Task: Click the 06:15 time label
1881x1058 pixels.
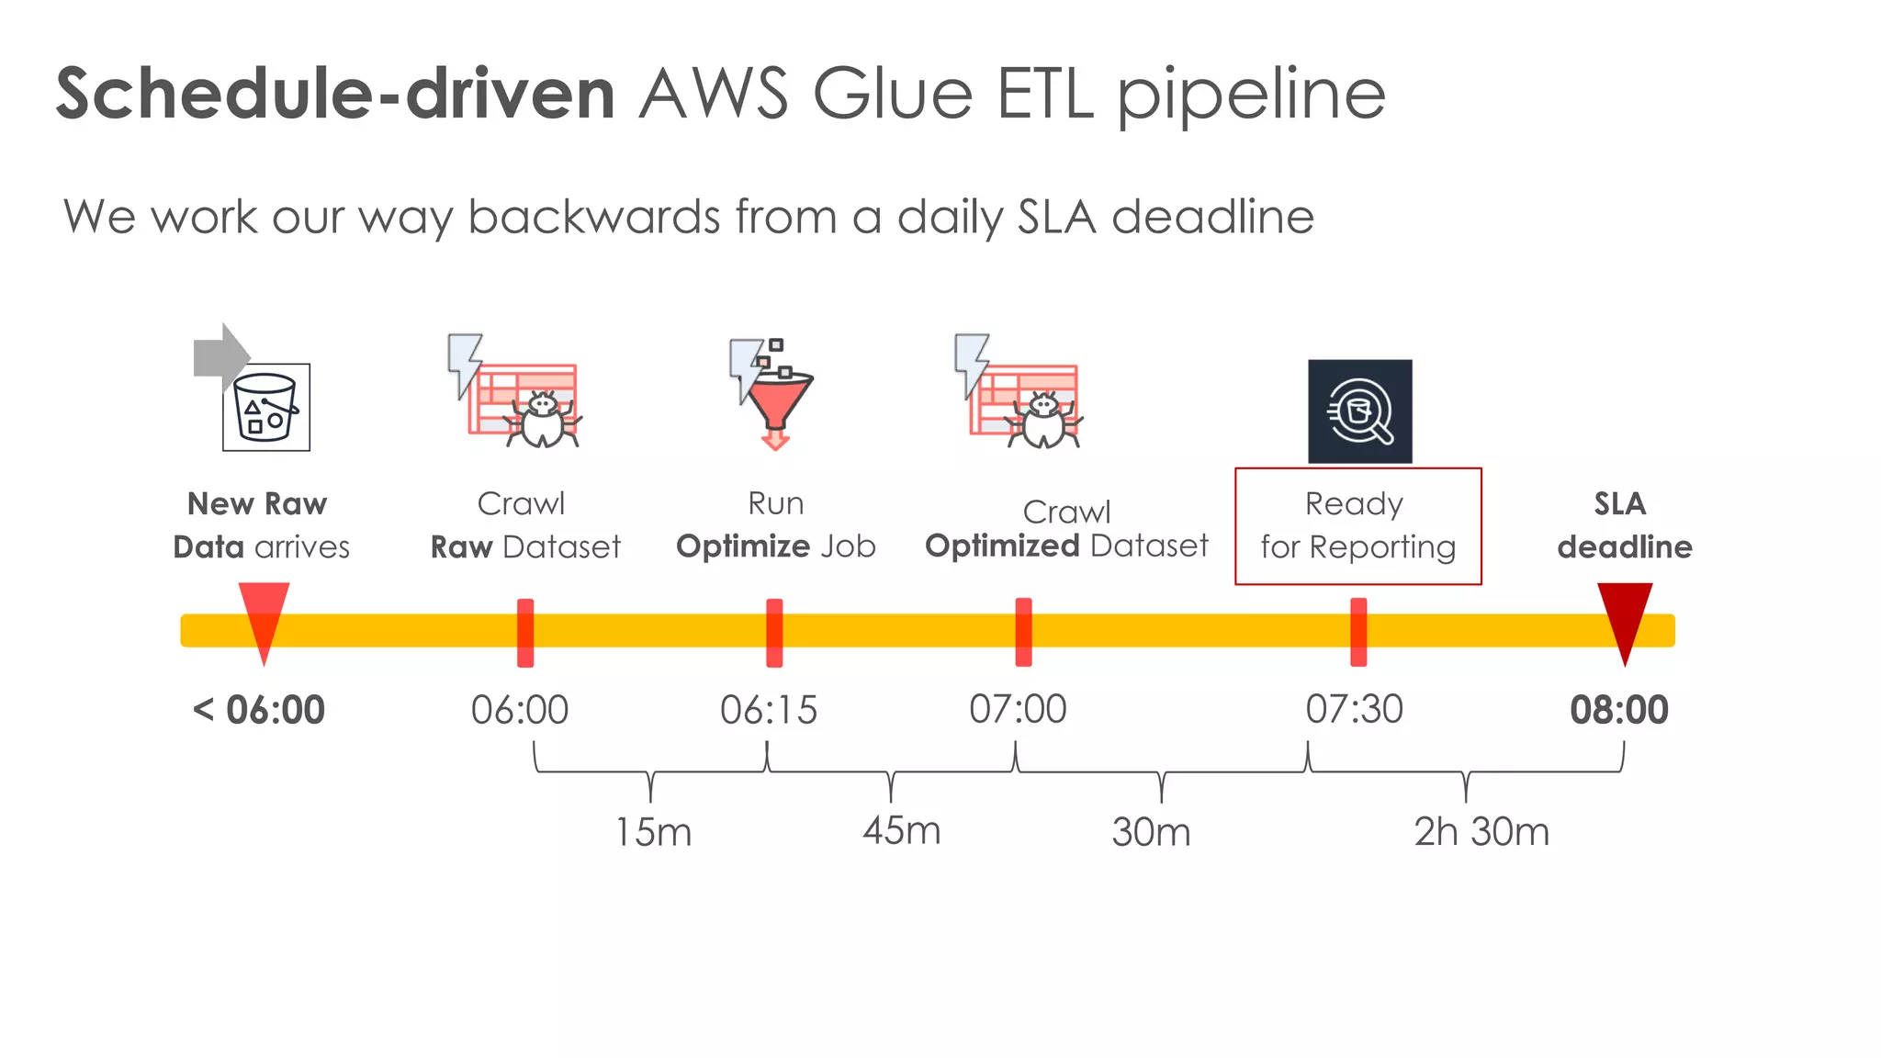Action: pos(768,710)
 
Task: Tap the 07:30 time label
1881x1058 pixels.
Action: pos(1355,710)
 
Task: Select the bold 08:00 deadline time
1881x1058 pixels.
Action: pos(1618,710)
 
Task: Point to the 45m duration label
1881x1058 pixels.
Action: pos(901,831)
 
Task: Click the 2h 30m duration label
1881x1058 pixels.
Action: pos(1481,832)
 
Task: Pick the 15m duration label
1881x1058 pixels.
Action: pos(653,832)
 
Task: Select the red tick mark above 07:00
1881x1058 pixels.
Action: pos(1023,632)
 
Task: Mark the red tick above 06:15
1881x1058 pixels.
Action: pos(774,632)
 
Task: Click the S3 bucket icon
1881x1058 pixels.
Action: pos(266,408)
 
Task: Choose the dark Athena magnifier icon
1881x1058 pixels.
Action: pos(1359,411)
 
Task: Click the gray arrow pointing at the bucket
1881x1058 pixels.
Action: pos(220,355)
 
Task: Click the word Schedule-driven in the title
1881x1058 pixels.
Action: pos(335,94)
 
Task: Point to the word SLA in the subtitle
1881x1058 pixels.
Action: pos(1057,218)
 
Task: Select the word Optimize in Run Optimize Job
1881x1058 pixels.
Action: pos(743,546)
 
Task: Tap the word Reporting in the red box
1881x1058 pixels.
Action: pos(1382,547)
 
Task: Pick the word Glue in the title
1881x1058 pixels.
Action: pos(892,94)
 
